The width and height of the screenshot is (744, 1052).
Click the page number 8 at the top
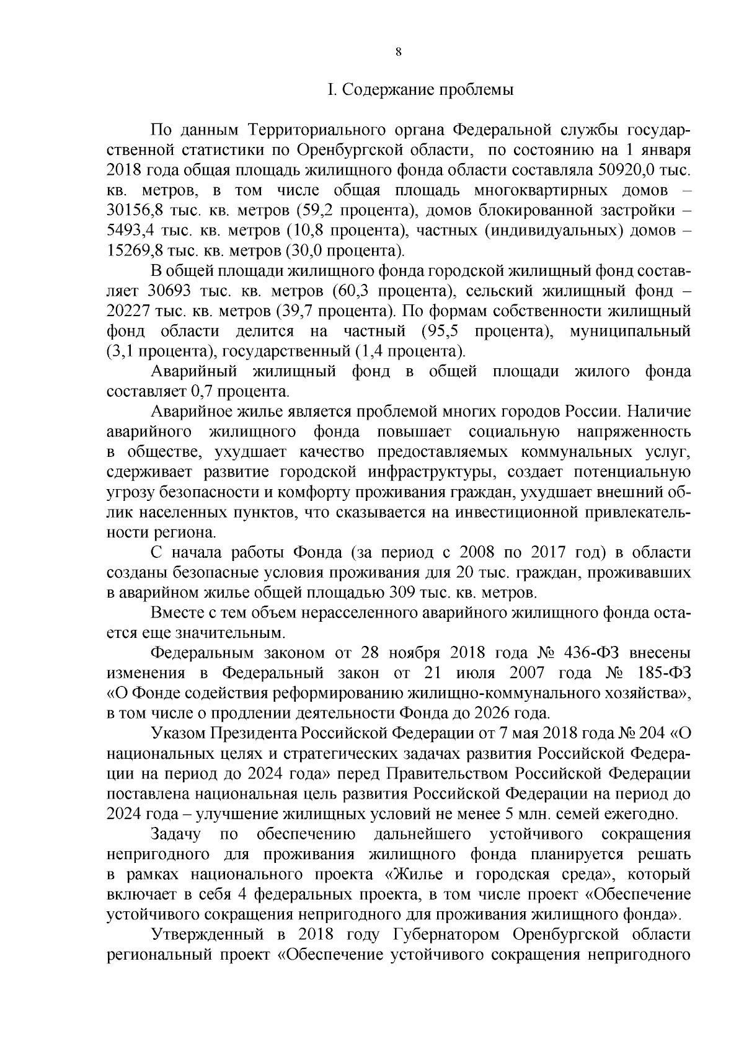pyautogui.click(x=398, y=53)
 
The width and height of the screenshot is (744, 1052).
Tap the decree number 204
pyautogui.click(x=653, y=734)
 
